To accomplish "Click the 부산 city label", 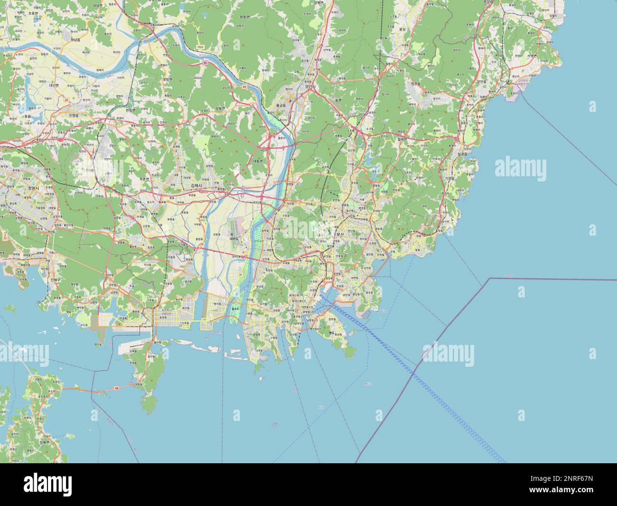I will pos(339,234).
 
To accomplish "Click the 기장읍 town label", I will pos(450,178).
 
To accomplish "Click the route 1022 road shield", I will pos(200,47).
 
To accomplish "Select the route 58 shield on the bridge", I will pos(116,388).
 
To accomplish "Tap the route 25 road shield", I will pos(66,99).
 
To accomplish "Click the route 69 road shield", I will pos(244,87).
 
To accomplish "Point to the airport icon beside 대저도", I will pos(231,234).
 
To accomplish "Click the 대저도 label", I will pos(234,239).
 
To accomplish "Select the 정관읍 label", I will pos(415,84).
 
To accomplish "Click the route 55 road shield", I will pos(205,62).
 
